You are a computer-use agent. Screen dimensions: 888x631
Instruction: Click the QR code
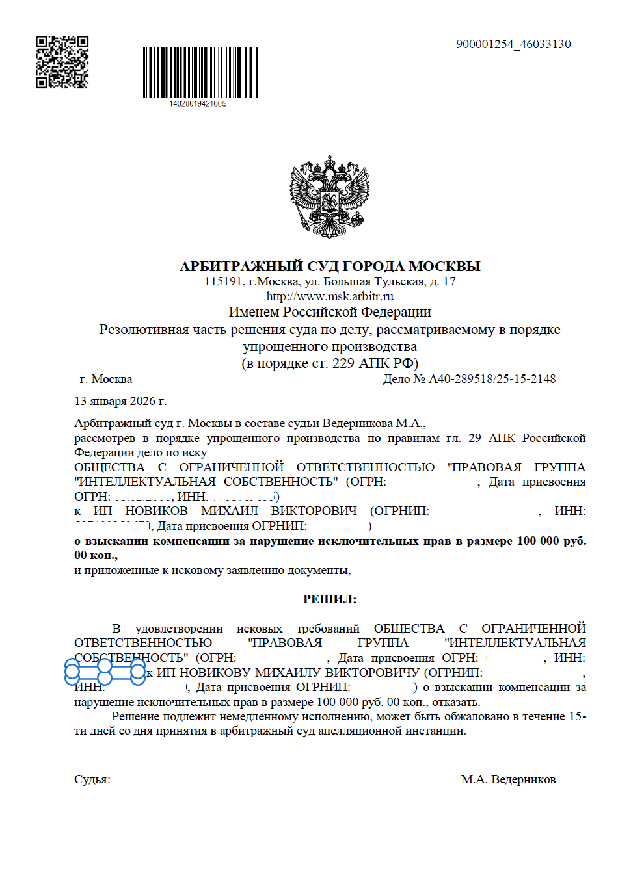[62, 62]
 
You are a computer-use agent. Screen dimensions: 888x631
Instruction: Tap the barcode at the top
[200, 72]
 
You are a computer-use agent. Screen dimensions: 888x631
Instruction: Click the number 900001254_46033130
[513, 44]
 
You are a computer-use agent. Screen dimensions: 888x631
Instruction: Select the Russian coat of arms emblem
[330, 196]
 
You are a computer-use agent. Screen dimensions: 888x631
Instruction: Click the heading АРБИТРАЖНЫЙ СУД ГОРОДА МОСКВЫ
[330, 266]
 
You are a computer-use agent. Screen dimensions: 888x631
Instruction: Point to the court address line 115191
[330, 281]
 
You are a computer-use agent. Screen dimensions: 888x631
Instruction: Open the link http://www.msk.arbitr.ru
[330, 296]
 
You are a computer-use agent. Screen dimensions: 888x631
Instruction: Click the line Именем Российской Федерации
[330, 312]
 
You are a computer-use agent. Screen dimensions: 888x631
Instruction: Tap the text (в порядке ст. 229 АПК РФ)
[330, 363]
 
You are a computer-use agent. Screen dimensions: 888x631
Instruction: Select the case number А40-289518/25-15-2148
[492, 379]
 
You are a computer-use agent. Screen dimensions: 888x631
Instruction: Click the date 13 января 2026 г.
[120, 401]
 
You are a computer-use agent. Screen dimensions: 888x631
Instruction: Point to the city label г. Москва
[106, 379]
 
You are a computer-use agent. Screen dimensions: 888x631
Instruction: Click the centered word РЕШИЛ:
[330, 599]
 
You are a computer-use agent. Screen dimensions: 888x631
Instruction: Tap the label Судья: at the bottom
[92, 779]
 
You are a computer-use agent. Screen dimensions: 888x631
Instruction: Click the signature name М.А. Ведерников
[508, 779]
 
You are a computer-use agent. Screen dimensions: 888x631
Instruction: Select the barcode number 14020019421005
[198, 104]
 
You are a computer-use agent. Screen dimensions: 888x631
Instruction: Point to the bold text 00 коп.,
[96, 555]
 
